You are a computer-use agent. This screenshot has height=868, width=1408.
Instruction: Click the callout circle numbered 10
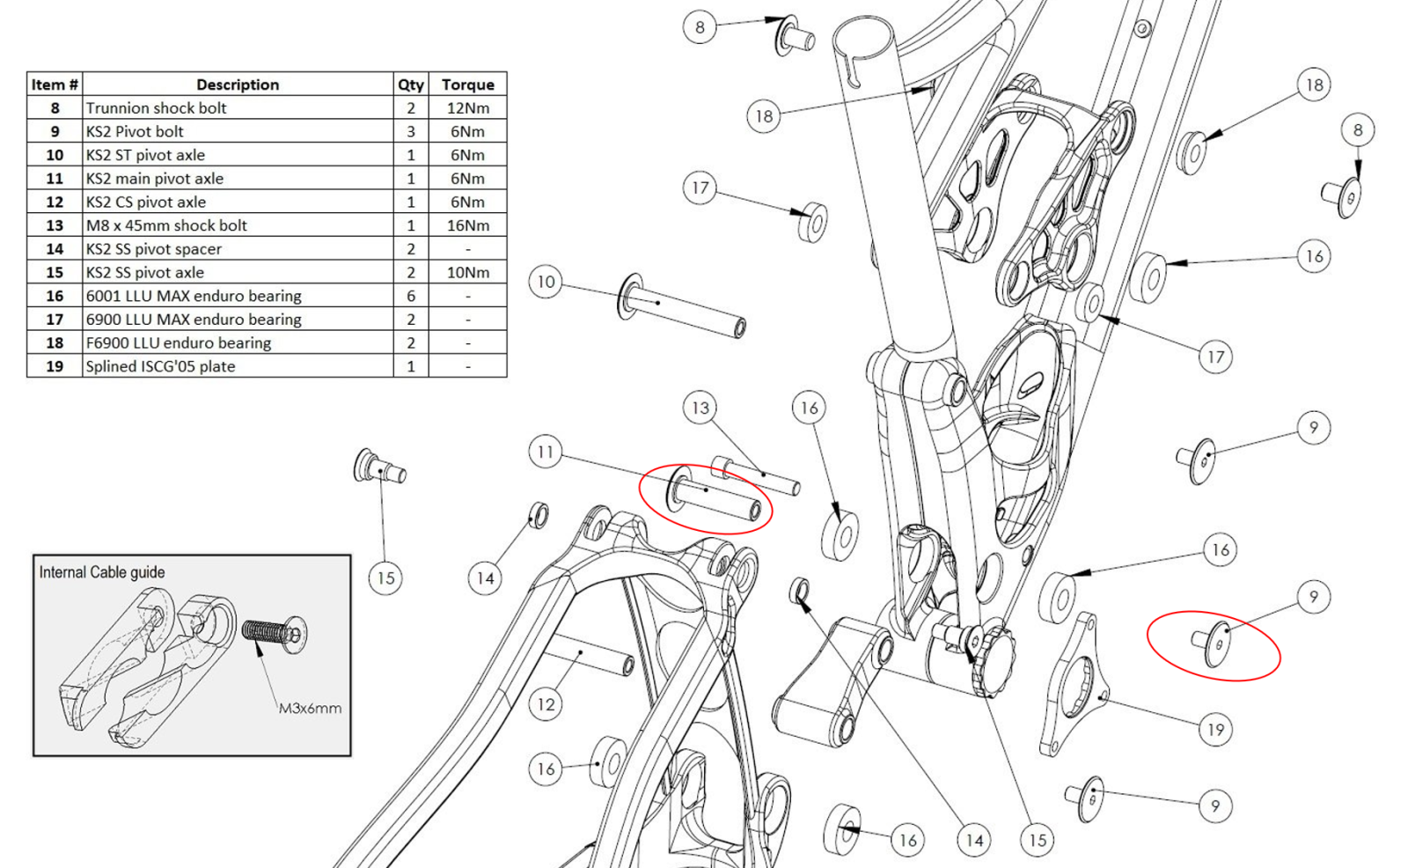(546, 282)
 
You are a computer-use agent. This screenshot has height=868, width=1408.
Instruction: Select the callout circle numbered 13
(700, 408)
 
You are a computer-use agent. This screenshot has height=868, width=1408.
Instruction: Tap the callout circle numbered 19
(1215, 729)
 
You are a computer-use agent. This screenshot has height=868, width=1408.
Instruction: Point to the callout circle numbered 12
(546, 704)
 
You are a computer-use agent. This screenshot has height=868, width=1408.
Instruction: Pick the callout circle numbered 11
(546, 452)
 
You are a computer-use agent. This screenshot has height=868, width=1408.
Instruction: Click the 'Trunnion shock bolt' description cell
(238, 107)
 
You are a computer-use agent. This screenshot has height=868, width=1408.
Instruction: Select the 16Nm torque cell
(467, 225)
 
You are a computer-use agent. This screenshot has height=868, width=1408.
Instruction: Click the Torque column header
(467, 85)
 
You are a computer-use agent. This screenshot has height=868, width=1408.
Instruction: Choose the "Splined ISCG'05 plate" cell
(238, 366)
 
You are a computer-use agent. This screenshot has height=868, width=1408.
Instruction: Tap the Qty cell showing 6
(410, 296)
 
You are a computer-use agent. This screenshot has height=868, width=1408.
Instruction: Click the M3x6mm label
(310, 708)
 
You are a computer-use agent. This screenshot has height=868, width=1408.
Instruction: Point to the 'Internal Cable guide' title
(102, 572)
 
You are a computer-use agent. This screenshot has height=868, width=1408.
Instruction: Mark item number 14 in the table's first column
(55, 249)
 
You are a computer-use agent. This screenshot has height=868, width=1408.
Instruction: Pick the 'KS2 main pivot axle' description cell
(238, 179)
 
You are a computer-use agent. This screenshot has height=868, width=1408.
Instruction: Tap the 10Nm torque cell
(467, 272)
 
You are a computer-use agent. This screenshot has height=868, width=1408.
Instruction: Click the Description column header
(238, 85)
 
